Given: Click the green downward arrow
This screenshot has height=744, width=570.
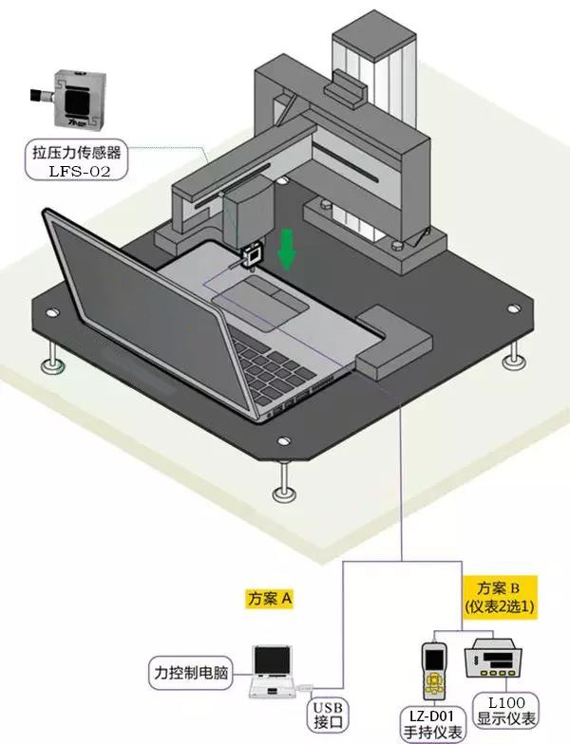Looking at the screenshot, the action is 287,250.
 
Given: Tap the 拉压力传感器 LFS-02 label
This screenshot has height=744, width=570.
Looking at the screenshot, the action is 76,159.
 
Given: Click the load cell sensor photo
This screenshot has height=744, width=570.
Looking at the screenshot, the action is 68,99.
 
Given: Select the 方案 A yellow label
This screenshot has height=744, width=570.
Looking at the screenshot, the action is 270,598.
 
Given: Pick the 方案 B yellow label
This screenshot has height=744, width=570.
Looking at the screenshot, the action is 500,597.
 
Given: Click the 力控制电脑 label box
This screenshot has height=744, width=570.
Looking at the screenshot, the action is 191,672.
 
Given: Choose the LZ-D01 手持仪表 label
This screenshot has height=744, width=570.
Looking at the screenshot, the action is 431,723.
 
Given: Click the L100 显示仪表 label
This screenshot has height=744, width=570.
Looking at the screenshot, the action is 506,710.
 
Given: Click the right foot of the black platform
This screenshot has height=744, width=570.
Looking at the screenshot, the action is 514,355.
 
